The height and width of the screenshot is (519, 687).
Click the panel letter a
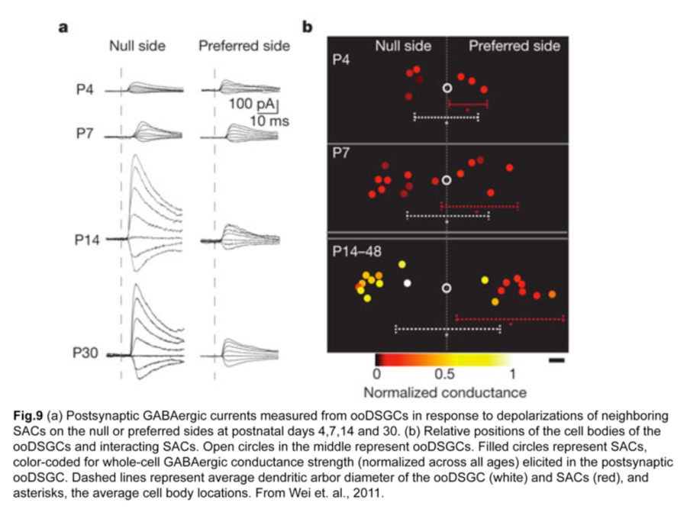pos(63,27)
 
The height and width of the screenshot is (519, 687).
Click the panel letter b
pos(307,27)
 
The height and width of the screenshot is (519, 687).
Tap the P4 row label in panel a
pos(85,89)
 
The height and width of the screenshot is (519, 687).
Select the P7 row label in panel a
pos(85,133)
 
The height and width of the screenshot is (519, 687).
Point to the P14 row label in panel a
pos(87,240)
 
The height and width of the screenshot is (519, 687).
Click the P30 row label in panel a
pos(85,353)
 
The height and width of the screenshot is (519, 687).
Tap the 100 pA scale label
pos(251,104)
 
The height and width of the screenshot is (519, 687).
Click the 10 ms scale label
pos(269,121)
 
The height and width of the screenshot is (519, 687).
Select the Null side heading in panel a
pos(137,46)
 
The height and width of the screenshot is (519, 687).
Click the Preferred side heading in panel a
pos(244,46)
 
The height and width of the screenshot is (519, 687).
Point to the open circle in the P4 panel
pos(447,88)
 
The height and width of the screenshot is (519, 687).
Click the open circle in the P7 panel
pos(447,180)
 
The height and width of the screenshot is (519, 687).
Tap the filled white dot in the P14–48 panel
pos(408,283)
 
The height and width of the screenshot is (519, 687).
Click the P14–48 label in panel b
pos(356,251)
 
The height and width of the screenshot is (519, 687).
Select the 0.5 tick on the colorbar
pos(444,375)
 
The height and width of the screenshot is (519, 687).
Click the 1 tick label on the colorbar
pos(512,375)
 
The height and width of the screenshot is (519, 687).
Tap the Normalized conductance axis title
pos(445,392)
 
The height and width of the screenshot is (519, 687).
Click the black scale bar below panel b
pos(556,360)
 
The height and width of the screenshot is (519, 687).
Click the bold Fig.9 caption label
pos(28,415)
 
